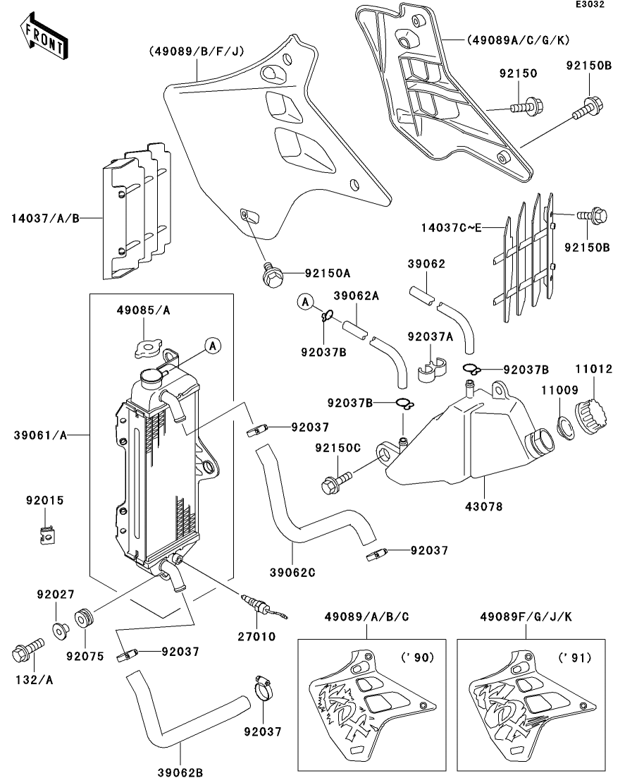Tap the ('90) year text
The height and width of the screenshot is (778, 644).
(x=417, y=657)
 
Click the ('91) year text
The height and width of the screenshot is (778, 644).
(x=576, y=657)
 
